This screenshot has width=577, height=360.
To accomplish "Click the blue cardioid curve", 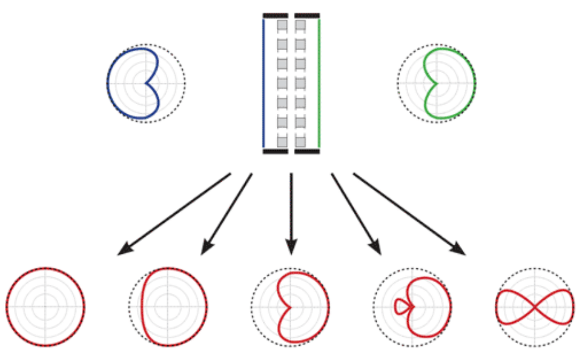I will pyautogui.click(x=108, y=84).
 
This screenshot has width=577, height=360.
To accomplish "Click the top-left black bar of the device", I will pyautogui.click(x=275, y=15).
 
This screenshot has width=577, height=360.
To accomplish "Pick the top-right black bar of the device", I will pyautogui.click(x=307, y=15).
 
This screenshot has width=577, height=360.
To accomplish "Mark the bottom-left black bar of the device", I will pyautogui.click(x=275, y=152).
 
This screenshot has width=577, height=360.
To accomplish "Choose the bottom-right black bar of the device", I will pyautogui.click(x=307, y=152).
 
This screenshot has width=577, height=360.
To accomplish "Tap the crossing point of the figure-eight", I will pyautogui.click(x=533, y=307).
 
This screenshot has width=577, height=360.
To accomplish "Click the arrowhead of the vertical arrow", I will pyautogui.click(x=291, y=248).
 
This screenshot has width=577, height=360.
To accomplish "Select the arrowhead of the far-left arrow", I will pyautogui.click(x=123, y=250).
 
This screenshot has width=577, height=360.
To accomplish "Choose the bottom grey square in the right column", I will pyautogui.click(x=300, y=142).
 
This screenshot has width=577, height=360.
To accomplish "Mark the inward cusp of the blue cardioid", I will pyautogui.click(x=145, y=84).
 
